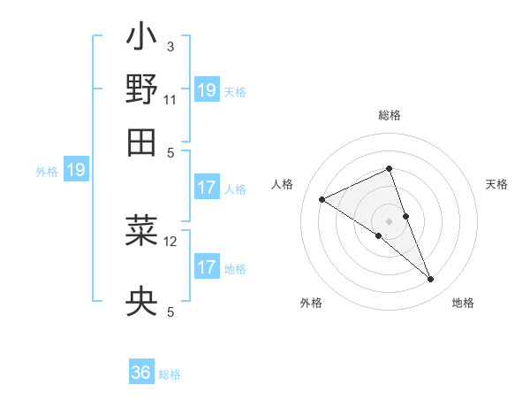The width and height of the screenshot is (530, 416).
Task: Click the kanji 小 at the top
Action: (141, 38)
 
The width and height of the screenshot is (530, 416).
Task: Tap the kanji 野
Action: (141, 89)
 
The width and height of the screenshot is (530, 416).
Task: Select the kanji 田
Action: (141, 141)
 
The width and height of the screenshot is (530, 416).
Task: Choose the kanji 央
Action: (141, 303)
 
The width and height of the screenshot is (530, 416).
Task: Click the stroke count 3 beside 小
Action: (170, 46)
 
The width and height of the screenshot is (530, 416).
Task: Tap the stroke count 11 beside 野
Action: (170, 99)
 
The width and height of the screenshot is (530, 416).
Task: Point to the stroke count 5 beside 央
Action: (170, 312)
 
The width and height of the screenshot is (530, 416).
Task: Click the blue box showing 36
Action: (141, 373)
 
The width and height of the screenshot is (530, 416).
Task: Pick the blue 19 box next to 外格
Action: (76, 171)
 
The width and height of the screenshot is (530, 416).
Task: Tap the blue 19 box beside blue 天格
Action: (206, 90)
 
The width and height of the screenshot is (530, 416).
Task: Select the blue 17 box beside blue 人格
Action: (206, 188)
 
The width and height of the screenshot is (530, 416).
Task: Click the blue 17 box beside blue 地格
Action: (206, 267)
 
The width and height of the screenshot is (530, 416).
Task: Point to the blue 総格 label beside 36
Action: (170, 374)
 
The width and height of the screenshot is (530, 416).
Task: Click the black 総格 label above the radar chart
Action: (389, 115)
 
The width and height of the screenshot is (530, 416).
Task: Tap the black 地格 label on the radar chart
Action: (463, 303)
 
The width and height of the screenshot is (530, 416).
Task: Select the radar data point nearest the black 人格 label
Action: (322, 200)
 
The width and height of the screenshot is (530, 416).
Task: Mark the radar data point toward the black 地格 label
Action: (431, 280)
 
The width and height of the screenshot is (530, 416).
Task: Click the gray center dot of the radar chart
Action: (389, 220)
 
